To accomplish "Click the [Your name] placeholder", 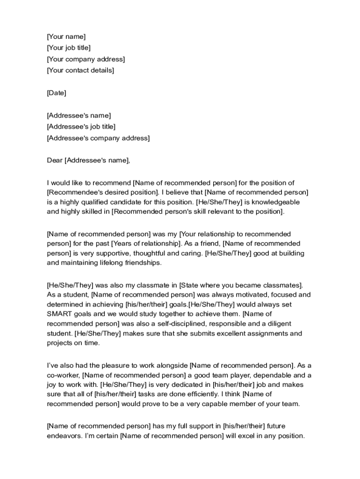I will [x=66, y=36].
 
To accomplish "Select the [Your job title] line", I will [x=69, y=48].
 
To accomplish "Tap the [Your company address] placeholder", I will [x=86, y=59].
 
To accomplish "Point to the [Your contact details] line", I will [x=80, y=71].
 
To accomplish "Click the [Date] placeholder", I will [x=57, y=93].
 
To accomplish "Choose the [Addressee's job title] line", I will [x=81, y=127].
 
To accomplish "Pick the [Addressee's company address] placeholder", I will [x=98, y=138].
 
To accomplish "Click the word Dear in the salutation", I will [x=54, y=160].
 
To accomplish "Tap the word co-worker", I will [x=64, y=375].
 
